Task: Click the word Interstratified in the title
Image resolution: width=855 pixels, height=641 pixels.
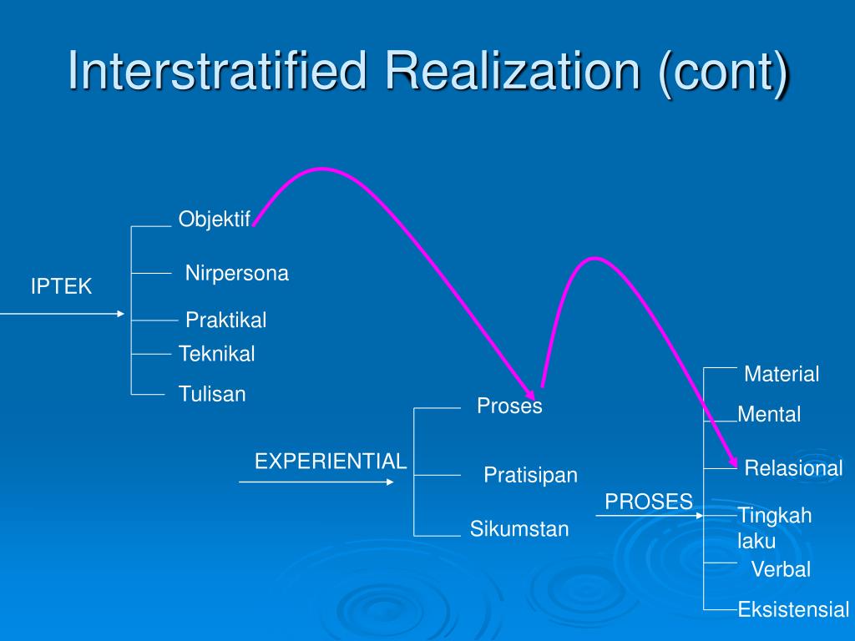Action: (x=217, y=71)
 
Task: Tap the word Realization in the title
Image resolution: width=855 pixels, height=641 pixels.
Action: (x=514, y=71)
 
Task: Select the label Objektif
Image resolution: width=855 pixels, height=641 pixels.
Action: (x=215, y=220)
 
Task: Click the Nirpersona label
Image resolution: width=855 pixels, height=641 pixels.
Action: (x=236, y=273)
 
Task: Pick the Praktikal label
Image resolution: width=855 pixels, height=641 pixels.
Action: (x=225, y=320)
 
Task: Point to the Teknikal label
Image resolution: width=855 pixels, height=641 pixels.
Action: (x=216, y=354)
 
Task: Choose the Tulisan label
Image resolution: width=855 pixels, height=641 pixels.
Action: (x=212, y=394)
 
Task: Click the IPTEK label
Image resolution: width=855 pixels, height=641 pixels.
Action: (x=61, y=286)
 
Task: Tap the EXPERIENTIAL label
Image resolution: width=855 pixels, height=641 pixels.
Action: (x=331, y=462)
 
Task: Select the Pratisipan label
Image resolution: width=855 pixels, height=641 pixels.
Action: (x=530, y=475)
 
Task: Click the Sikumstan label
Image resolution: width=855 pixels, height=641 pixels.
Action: (x=519, y=528)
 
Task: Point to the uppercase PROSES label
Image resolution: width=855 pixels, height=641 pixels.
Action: (x=648, y=502)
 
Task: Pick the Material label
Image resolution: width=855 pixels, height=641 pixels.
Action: (x=782, y=375)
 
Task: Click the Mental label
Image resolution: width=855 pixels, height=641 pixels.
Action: (x=769, y=414)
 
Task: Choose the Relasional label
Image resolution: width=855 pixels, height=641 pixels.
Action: (x=793, y=468)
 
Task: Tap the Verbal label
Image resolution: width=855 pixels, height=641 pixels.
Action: (x=781, y=569)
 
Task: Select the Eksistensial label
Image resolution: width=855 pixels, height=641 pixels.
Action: (x=793, y=609)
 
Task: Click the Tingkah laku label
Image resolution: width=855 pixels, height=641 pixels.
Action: (x=774, y=527)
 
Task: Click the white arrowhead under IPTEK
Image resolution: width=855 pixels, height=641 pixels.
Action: (x=121, y=314)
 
